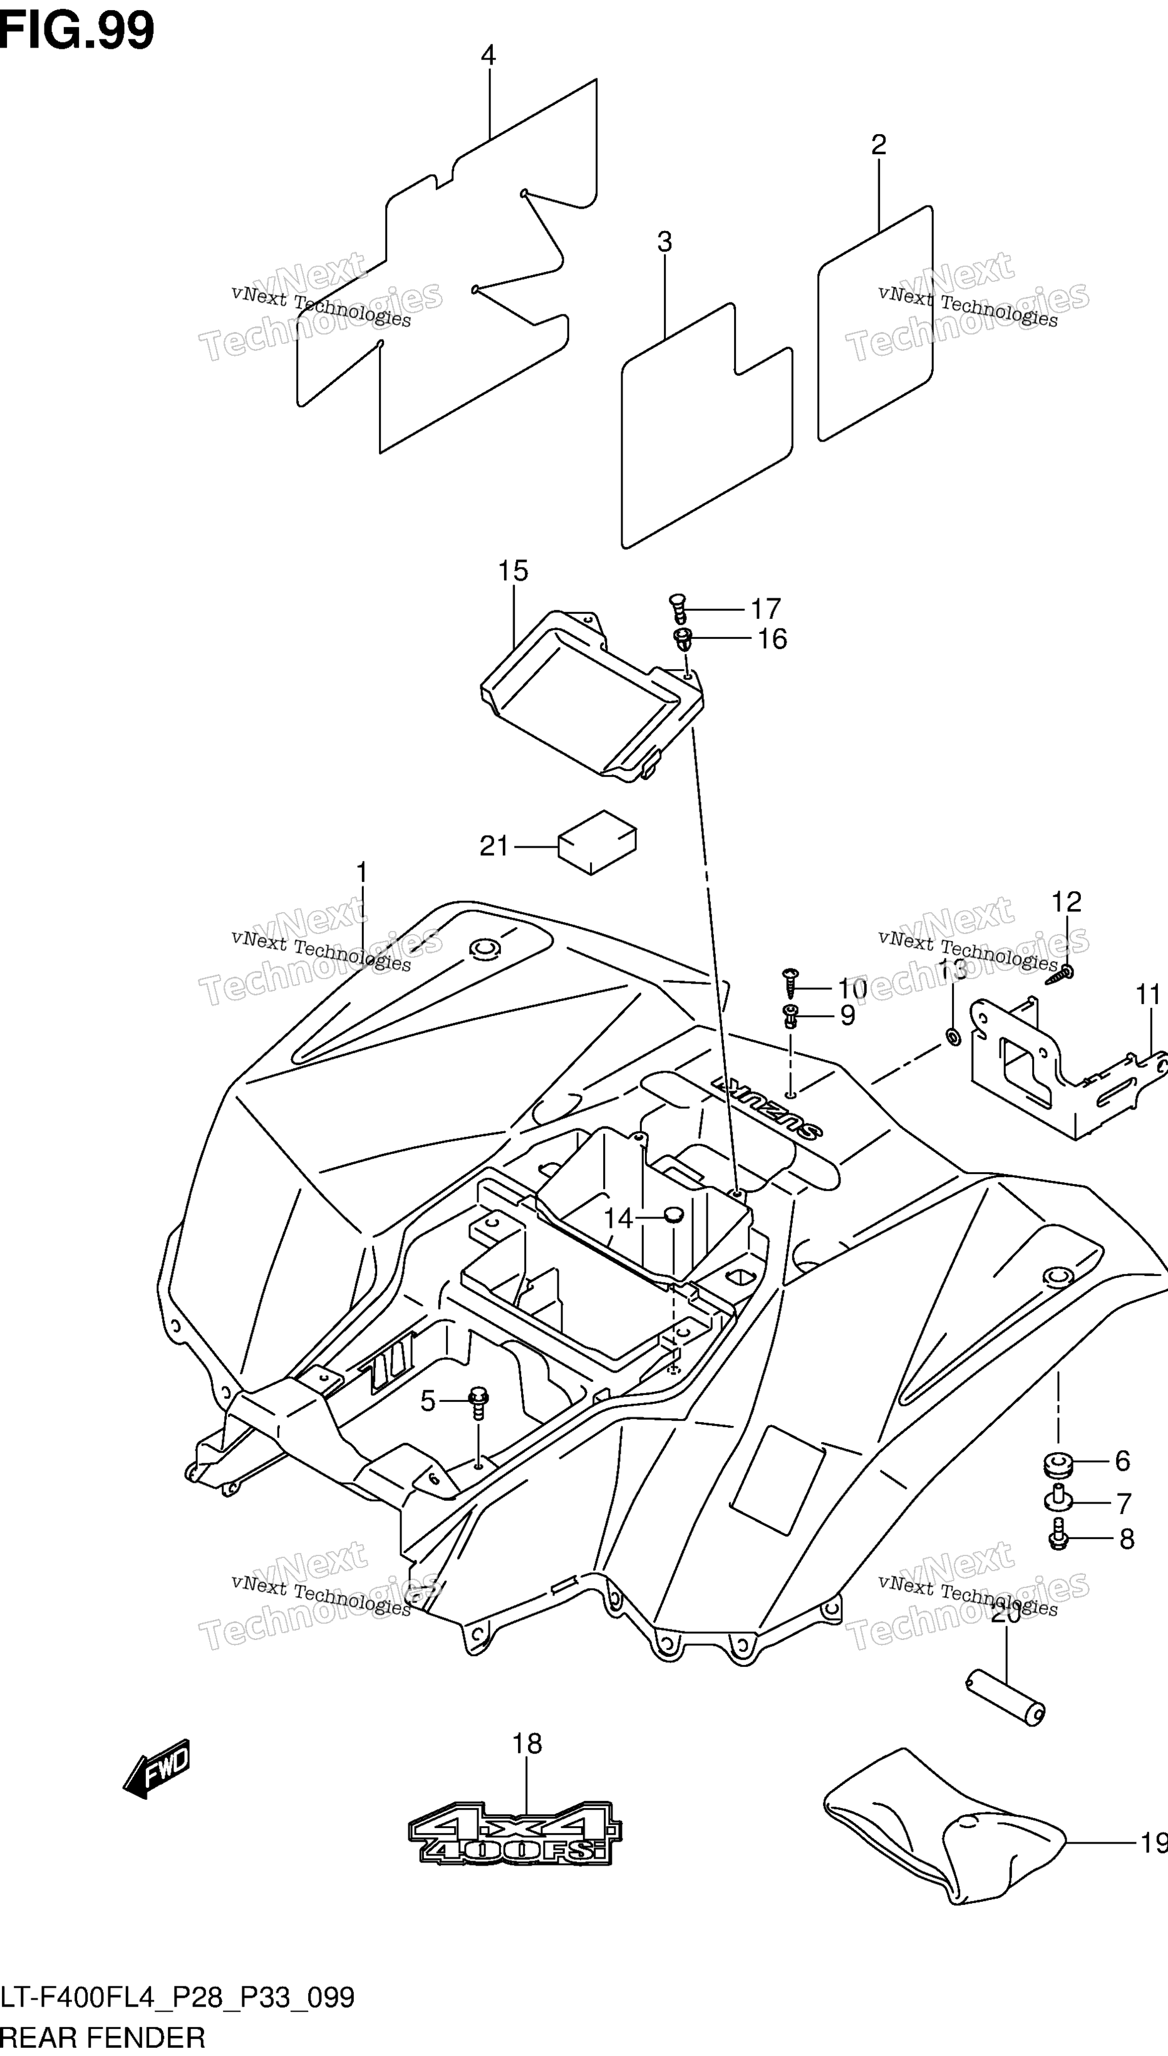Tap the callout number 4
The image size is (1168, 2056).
point(488,55)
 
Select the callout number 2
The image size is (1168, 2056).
point(879,145)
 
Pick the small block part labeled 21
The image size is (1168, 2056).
point(597,841)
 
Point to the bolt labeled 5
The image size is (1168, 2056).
point(478,1402)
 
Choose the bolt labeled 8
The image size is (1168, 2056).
point(1058,1535)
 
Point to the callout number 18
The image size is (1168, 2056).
point(527,1744)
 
